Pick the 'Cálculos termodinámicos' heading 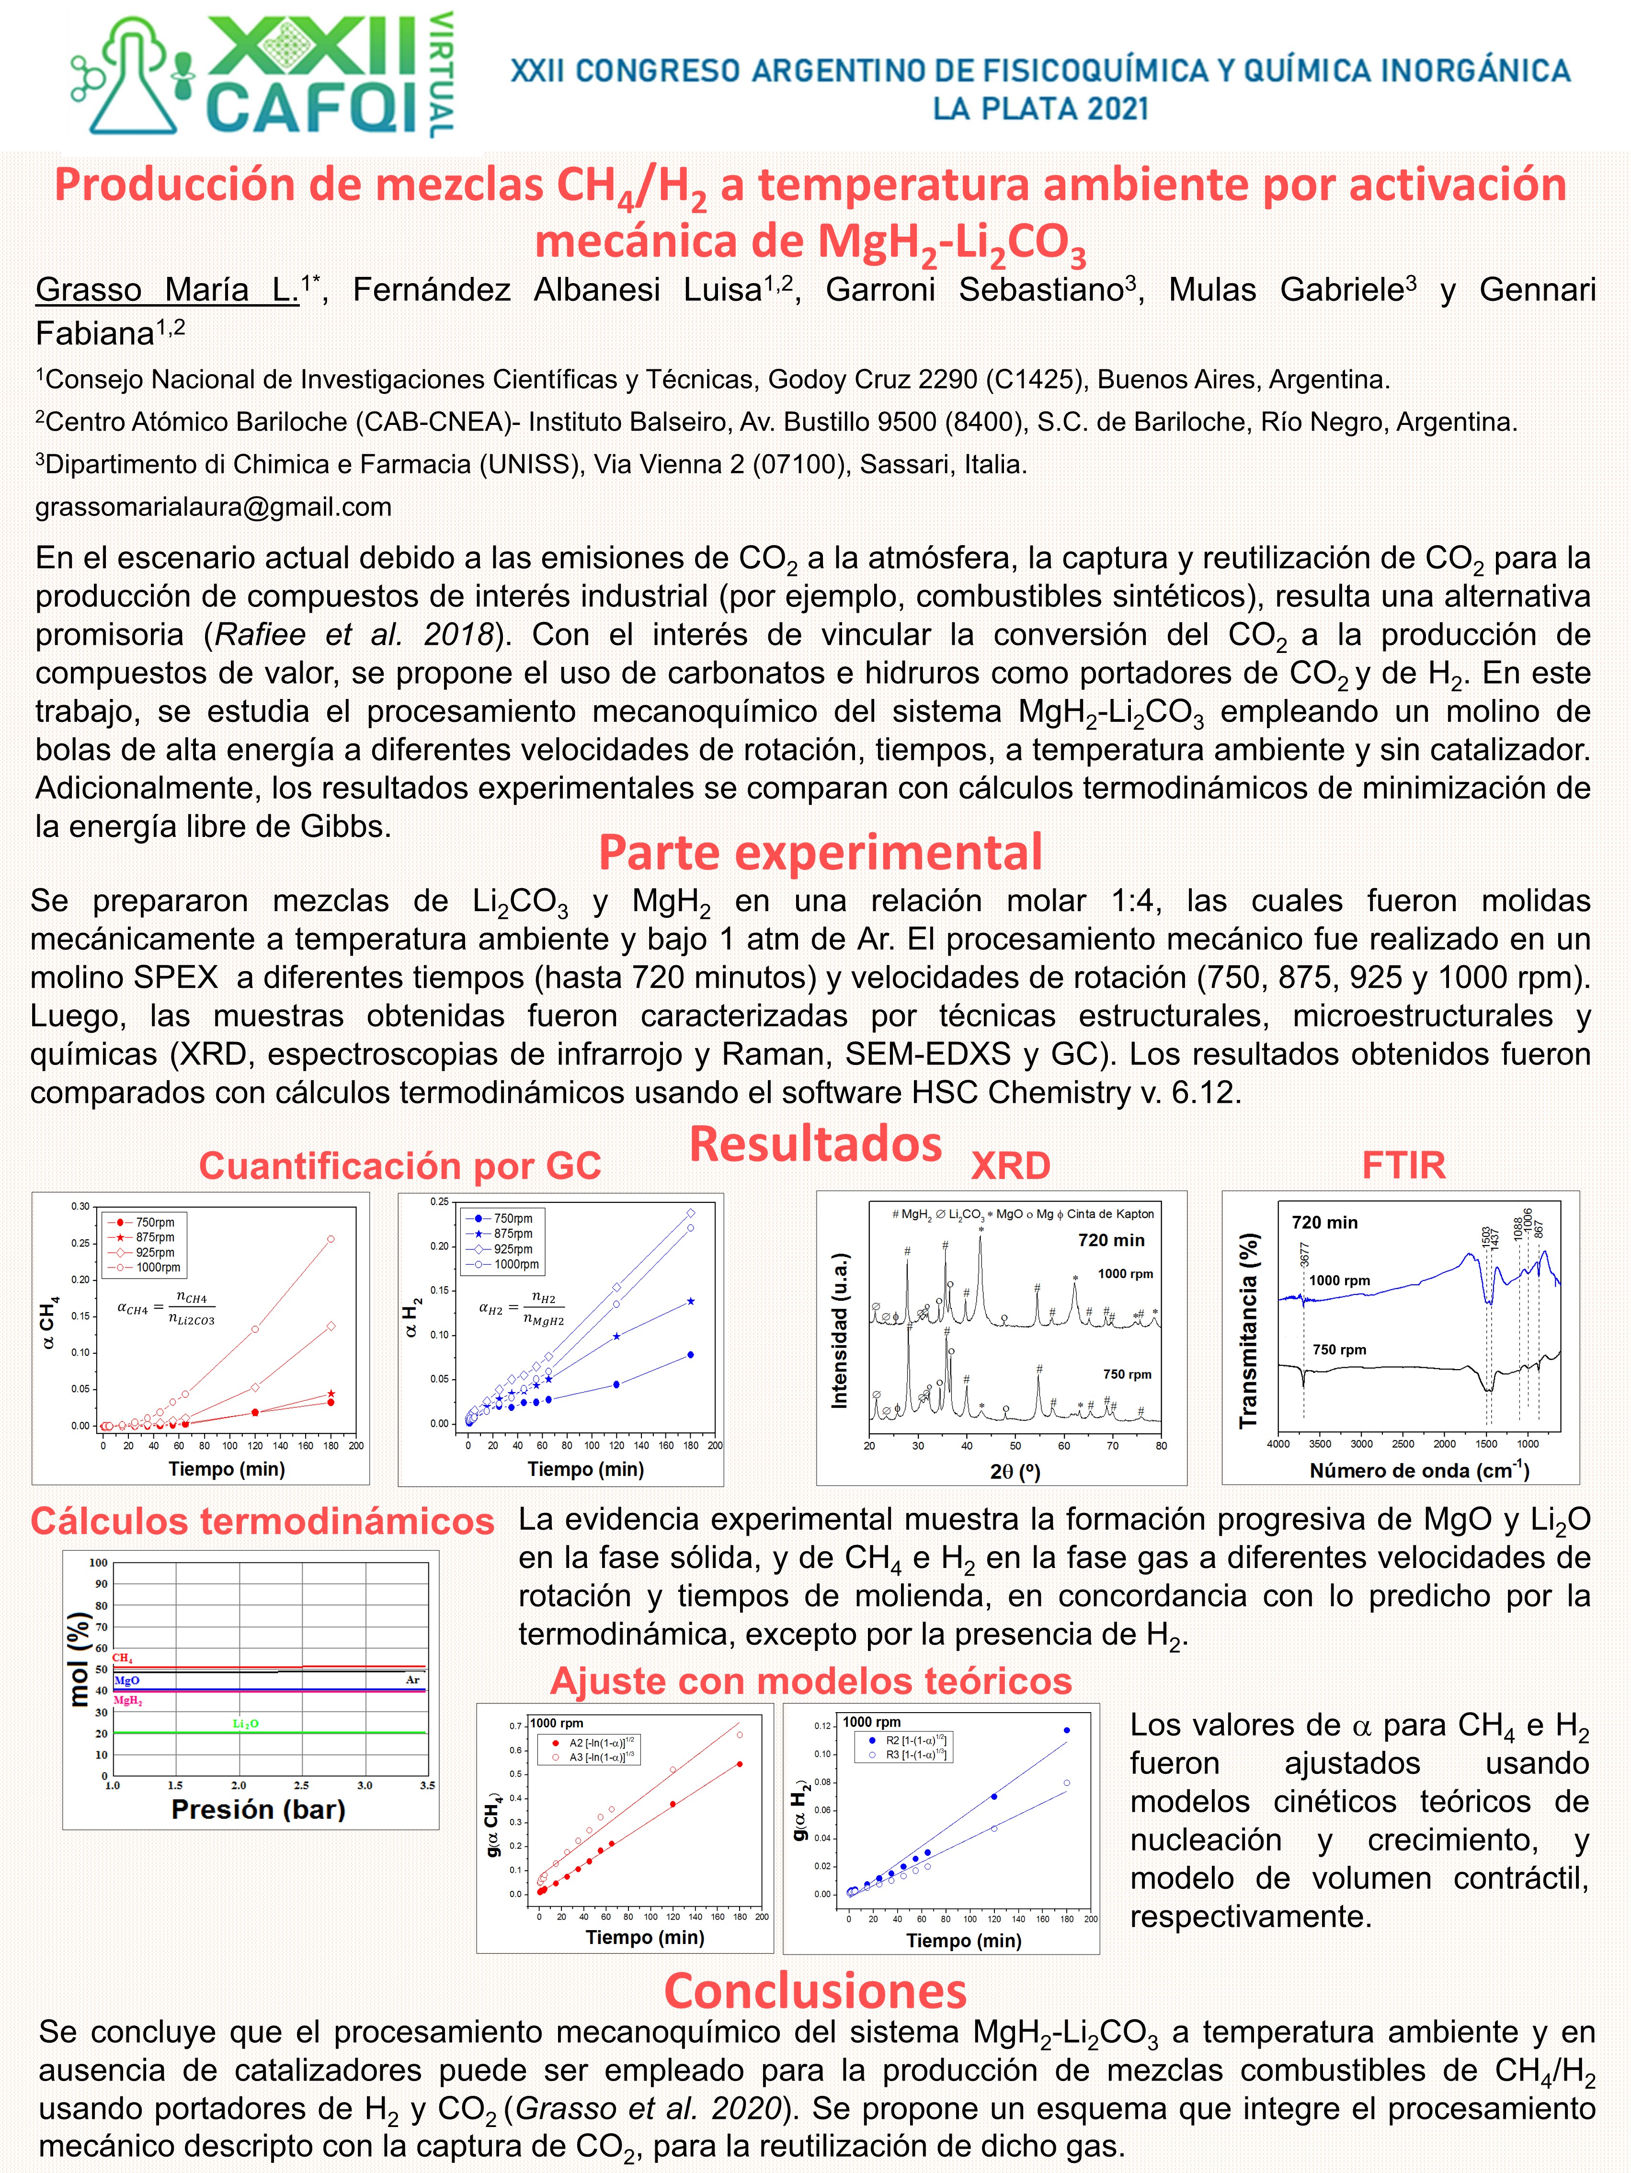point(262,1521)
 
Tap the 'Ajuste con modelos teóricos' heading point(810,1681)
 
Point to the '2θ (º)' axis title point(1015,1471)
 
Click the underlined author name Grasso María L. point(167,290)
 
